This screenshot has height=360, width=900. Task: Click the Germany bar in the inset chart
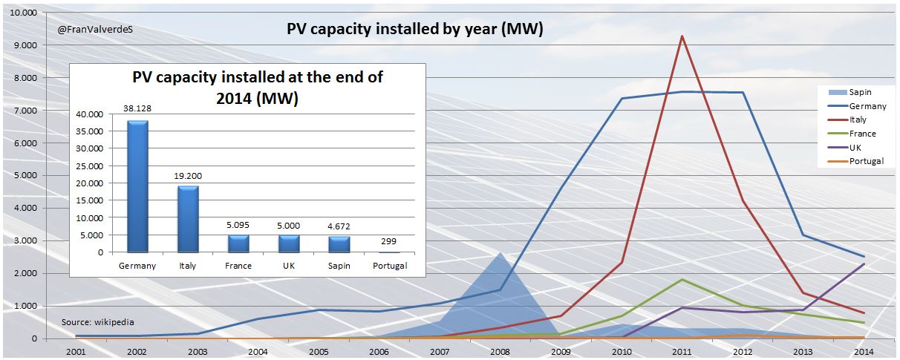(137, 186)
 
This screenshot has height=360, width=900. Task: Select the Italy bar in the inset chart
(188, 219)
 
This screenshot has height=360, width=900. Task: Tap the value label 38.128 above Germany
(137, 108)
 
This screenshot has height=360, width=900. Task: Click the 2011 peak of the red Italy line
(682, 36)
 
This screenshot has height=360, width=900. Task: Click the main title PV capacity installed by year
(415, 29)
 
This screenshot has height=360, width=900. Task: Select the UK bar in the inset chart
(288, 243)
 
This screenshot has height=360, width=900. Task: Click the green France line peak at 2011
(682, 279)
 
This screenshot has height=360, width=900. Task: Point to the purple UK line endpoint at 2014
(863, 264)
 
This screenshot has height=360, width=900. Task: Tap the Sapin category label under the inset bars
(339, 266)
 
